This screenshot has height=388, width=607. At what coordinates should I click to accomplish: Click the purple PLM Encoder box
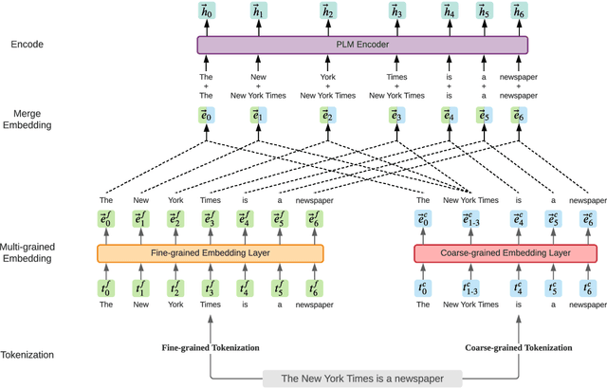[362, 45]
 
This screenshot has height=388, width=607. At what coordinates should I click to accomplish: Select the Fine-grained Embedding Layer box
[210, 253]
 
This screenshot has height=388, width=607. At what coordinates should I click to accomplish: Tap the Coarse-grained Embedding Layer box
[505, 253]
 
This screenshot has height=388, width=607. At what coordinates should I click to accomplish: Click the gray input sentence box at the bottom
[366, 378]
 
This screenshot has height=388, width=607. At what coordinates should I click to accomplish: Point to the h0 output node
[207, 12]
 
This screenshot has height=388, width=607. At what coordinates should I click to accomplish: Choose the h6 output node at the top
[518, 12]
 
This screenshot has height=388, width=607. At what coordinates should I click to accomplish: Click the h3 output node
[396, 12]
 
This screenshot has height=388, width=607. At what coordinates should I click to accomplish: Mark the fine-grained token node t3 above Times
[210, 287]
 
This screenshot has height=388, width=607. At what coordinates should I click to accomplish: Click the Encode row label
[28, 45]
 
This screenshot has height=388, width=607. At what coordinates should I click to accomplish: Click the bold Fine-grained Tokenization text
[210, 348]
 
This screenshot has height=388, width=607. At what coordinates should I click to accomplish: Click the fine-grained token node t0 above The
[107, 287]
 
